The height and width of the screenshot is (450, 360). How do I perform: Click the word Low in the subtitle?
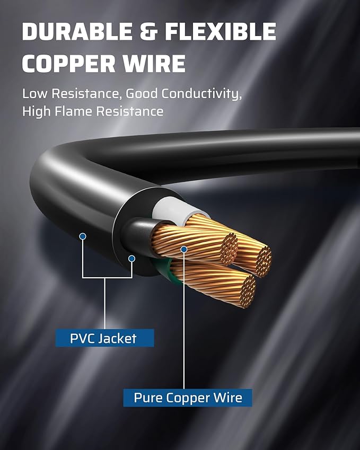point(34,94)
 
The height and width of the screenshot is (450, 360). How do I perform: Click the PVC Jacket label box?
point(104,338)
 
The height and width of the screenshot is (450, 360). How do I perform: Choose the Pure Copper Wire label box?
point(188,398)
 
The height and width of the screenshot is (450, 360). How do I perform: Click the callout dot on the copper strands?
point(183,249)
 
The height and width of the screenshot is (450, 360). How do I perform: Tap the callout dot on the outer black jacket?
point(83,236)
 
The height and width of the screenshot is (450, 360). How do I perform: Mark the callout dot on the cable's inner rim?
point(131,258)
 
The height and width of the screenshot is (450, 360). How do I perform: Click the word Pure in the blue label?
point(146,398)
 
